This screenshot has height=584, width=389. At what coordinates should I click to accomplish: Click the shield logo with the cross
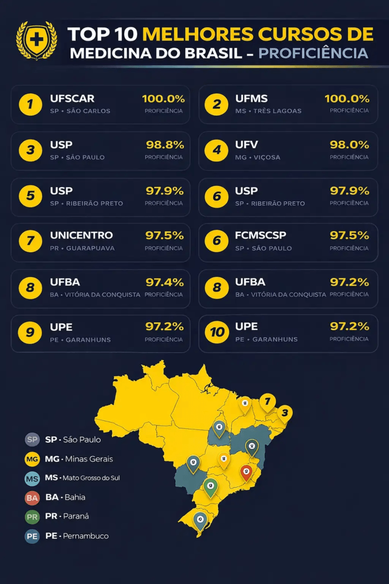pos(36,40)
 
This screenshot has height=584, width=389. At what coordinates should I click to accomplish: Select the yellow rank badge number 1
pos(30,104)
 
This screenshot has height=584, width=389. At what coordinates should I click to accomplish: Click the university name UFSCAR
pos(72,99)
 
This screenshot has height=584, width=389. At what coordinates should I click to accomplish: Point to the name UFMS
pos(251,99)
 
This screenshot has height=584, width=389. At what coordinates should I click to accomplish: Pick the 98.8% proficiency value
pos(165,145)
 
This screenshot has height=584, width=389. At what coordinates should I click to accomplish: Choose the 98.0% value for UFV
pos(350,145)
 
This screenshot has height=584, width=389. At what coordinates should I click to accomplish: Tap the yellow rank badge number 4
pos(216,151)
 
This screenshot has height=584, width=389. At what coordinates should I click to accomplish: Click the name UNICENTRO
pos(81,235)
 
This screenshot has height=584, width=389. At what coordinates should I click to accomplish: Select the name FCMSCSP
pos(261,235)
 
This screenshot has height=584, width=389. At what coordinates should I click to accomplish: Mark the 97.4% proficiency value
pos(165,282)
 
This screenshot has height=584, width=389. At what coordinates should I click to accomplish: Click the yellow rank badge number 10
pos(216,332)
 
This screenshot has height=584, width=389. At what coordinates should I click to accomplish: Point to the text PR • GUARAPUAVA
pos(82,248)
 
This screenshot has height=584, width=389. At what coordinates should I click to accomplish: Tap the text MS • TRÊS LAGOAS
pos(268,111)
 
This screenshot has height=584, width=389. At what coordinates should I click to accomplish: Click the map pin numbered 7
pos(267,401)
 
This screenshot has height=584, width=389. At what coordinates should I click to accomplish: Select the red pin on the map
pos(246,472)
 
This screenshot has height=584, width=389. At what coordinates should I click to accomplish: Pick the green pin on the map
pos(211,486)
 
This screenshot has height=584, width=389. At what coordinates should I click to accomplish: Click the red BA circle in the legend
pos(32,498)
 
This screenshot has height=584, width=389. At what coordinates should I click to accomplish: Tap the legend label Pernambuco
pos(85,536)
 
